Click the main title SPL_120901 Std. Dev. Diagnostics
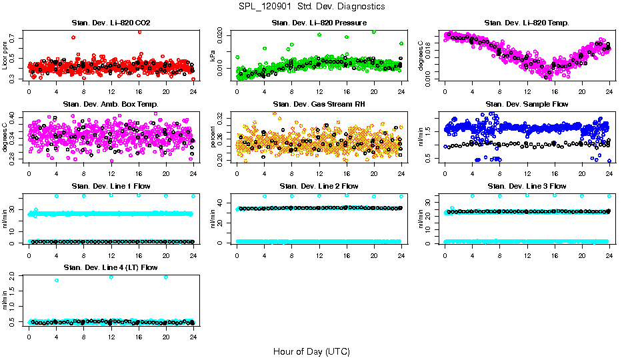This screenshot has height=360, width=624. point(311,7)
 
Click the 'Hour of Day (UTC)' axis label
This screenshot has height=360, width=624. point(311,351)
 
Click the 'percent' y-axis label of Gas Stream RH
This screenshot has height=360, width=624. point(213,137)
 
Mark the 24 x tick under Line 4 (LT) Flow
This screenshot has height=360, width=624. point(193,337)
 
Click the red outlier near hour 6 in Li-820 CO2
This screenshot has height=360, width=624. point(73,37)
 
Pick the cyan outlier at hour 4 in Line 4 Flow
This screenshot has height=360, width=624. point(57,280)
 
